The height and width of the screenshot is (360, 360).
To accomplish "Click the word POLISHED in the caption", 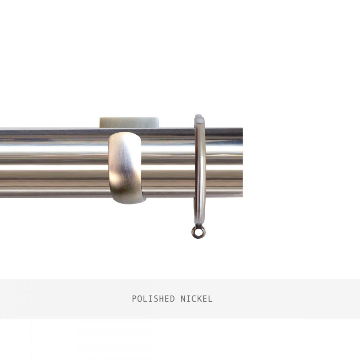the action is [x=153, y=299].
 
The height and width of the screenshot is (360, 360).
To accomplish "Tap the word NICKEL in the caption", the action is [x=196, y=299].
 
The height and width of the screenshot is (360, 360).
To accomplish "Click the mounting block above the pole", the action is [x=130, y=123].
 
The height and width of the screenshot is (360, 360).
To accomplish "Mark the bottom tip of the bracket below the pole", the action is [x=129, y=203].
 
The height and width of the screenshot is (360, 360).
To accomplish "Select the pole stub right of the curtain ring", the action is [x=224, y=163].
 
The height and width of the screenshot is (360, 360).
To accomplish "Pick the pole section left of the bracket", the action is [x=54, y=163].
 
